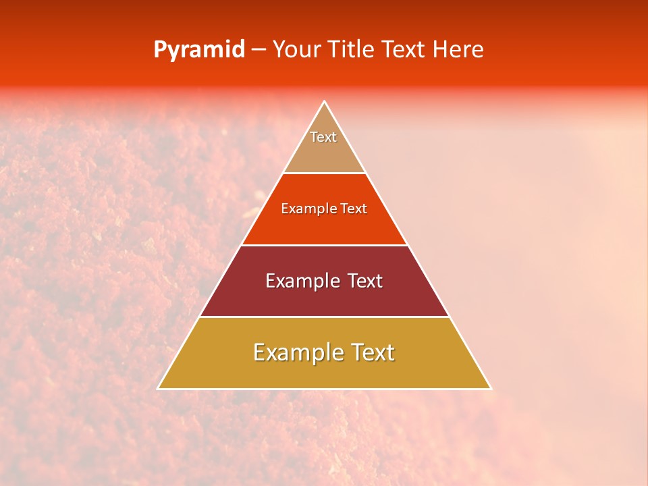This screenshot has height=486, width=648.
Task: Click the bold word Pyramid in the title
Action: click(x=198, y=50)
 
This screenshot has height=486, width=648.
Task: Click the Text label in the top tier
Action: click(x=323, y=137)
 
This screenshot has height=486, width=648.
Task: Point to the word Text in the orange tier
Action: click(x=354, y=209)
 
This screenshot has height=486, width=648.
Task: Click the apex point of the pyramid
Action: click(x=324, y=102)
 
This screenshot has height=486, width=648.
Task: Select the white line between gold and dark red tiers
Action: click(x=324, y=317)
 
